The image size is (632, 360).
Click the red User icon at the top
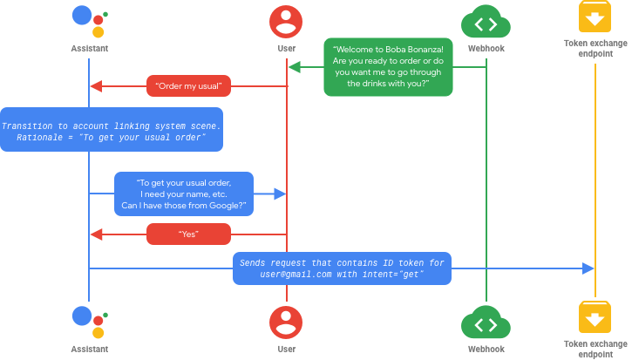(x=286, y=22)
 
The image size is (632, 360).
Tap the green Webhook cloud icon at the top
(x=486, y=22)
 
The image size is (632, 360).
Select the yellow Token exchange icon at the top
(x=595, y=18)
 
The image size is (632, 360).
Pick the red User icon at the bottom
(x=286, y=322)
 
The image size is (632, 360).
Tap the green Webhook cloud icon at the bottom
(x=486, y=322)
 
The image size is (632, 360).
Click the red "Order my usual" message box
(x=188, y=85)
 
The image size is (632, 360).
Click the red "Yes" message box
(x=188, y=234)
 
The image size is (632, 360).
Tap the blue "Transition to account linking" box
(x=111, y=130)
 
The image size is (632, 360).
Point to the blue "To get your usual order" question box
(x=184, y=194)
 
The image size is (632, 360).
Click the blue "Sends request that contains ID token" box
(x=342, y=268)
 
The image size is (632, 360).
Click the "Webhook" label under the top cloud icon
(x=486, y=49)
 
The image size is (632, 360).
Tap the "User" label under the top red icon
(x=286, y=49)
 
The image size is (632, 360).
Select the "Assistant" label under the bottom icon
(x=89, y=349)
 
